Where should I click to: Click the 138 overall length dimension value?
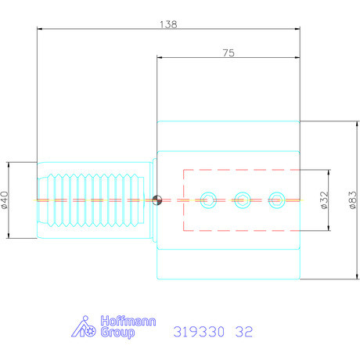click(x=168, y=23)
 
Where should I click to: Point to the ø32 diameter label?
click(x=324, y=200)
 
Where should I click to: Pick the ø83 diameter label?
click(x=353, y=200)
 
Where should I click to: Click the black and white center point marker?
click(x=157, y=200)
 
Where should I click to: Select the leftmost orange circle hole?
click(x=207, y=200)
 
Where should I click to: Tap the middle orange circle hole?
click(x=242, y=200)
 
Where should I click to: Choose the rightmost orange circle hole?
click(x=276, y=200)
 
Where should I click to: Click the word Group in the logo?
click(x=117, y=333)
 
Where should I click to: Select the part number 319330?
click(x=199, y=332)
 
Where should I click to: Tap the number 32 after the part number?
click(x=243, y=332)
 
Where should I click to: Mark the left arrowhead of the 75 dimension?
click(x=160, y=59)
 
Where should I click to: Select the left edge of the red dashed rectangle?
click(x=183, y=200)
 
